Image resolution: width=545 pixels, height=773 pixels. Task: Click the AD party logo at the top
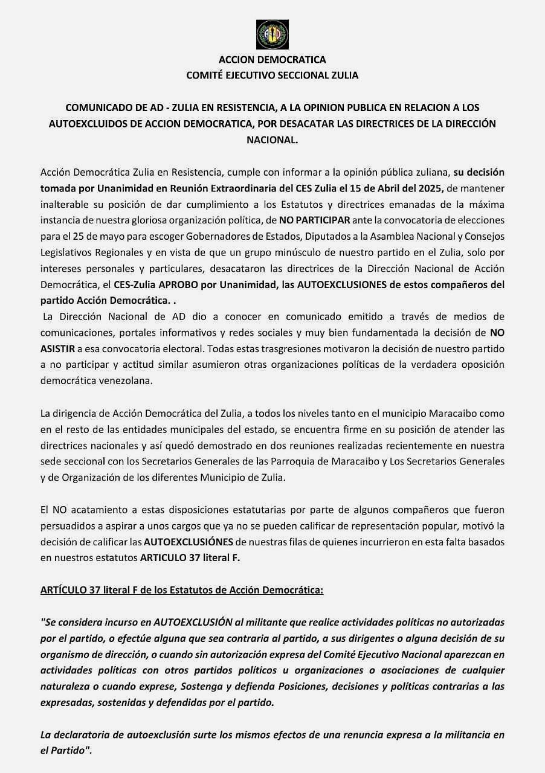[272, 34]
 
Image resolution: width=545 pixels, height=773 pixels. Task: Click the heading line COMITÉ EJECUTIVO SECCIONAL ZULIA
[272, 75]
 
